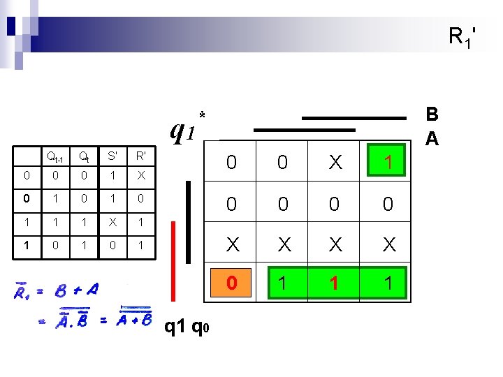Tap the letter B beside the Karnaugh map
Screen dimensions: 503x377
coord(432,115)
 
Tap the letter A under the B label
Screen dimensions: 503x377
coord(432,138)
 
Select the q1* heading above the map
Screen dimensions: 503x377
coord(187,127)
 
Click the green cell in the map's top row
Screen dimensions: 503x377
coord(386,162)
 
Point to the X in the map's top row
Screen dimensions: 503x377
coord(335,163)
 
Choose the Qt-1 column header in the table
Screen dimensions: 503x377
coord(52,156)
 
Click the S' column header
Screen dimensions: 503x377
coord(112,156)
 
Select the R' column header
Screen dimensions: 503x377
coord(141,156)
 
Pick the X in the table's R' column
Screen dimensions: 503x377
coord(141,175)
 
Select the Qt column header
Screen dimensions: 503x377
coord(82,156)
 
